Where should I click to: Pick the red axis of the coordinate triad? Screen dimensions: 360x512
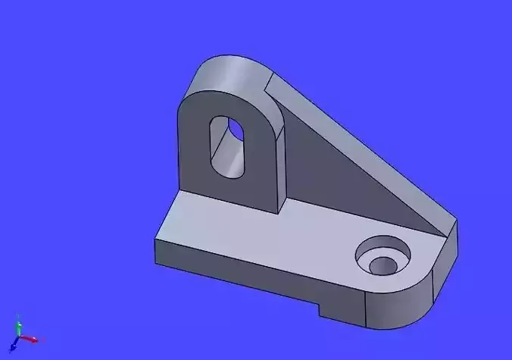click(x=30, y=338)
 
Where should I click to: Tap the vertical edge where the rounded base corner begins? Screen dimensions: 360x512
click(x=366, y=307)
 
